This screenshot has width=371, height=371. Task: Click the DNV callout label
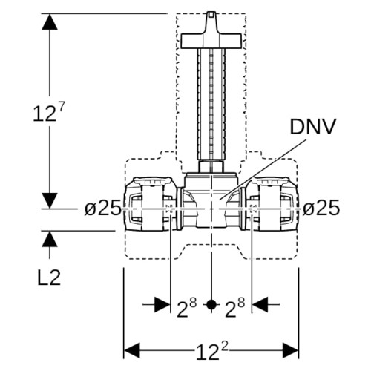[313, 127]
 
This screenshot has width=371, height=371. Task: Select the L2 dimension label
[49, 278]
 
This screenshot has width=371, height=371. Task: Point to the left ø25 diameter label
[102, 208]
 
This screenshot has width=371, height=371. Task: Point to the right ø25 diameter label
[321, 208]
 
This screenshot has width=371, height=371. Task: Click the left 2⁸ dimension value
[187, 307]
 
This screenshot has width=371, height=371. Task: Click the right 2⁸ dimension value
[235, 307]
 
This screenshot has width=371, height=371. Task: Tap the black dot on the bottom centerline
[211, 305]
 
